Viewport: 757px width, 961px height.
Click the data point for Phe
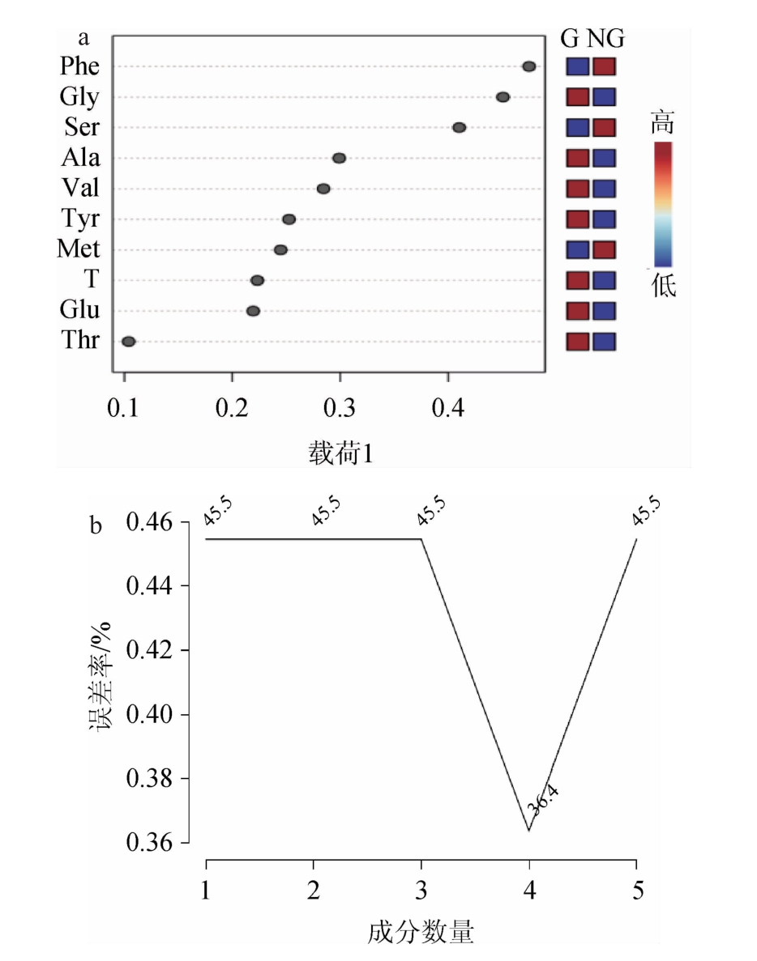pos(529,66)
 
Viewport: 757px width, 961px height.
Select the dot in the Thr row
pos(128,342)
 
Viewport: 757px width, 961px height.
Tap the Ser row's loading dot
pos(460,127)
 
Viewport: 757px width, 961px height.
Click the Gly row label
pos(79,97)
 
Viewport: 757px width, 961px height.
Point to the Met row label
pos(79,249)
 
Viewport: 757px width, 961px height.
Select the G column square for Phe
pos(578,66)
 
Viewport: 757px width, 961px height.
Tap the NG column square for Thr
pos(604,342)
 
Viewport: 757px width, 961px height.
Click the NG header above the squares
pos(607,38)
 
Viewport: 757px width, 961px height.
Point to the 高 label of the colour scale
pos(662,124)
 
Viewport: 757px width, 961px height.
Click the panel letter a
pos(83,38)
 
